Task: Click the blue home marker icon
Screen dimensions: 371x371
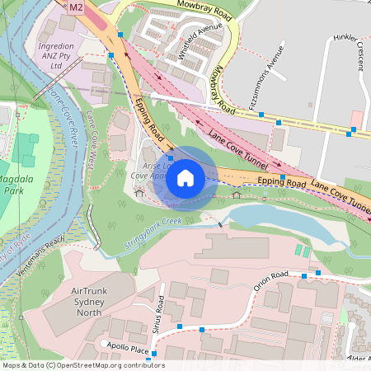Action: pos(185,177)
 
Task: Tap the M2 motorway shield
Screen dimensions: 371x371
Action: pos(77,7)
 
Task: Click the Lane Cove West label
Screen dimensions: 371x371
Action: pos(98,149)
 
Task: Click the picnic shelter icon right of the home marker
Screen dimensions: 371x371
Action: pos(237,195)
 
